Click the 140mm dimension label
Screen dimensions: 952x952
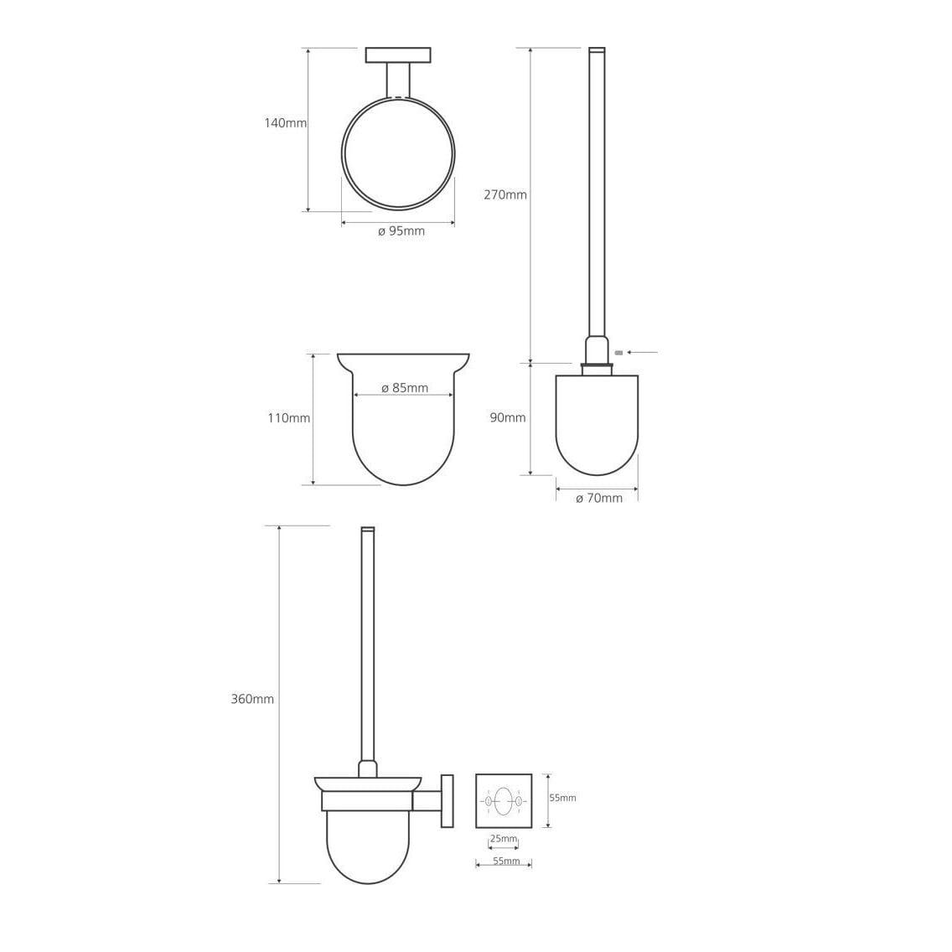286,122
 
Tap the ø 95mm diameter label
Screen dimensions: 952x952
401,231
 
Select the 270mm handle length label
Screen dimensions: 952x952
505,195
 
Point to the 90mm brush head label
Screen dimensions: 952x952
508,417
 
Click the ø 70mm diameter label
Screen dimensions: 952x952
598,499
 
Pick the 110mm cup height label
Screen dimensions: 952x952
289,418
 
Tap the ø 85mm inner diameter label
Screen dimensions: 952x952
405,388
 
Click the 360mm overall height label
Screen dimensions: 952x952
252,699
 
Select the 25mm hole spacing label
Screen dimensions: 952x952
504,839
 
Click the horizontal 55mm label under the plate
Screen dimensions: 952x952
506,861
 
